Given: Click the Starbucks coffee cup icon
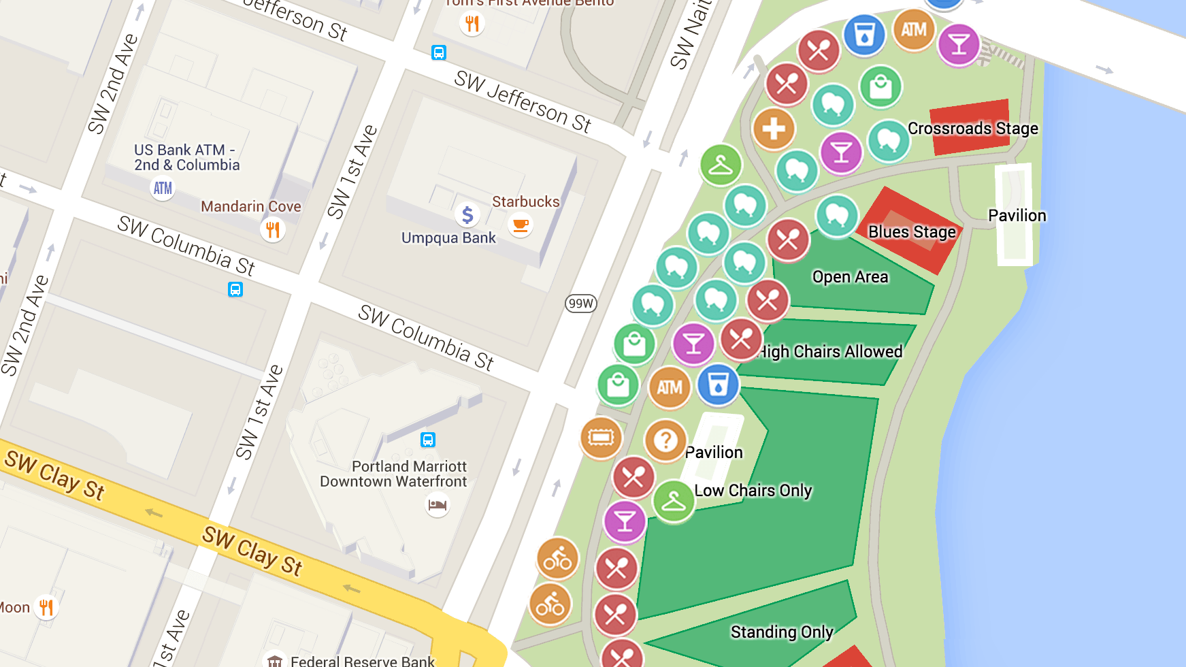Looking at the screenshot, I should coord(521,225).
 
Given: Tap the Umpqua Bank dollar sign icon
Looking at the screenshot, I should coord(467,215).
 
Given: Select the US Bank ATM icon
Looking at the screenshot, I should coord(163,188).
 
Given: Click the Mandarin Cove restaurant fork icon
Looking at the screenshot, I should coord(273,229).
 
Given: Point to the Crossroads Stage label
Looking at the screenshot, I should coord(972,129).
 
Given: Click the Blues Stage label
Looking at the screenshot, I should coord(912,232).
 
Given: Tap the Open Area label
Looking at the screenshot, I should coord(850,277).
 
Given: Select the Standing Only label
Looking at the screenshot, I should coord(782,632).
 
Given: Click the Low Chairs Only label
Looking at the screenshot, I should coord(753,491).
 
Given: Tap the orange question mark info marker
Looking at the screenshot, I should coord(665,440).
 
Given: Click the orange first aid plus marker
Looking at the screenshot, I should coord(774,129).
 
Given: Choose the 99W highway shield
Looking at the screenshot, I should coord(581,304).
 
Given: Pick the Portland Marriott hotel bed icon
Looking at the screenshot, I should coord(438,505).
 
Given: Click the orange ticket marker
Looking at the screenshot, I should coord(601,437).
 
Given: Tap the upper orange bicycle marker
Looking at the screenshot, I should coord(558,559).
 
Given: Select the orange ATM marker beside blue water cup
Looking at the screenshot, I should coord(670,387).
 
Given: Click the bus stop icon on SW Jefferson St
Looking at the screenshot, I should coord(439,52).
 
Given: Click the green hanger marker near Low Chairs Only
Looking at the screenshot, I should coord(674,502).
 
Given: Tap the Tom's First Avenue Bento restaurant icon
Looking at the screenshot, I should coord(472,24).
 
